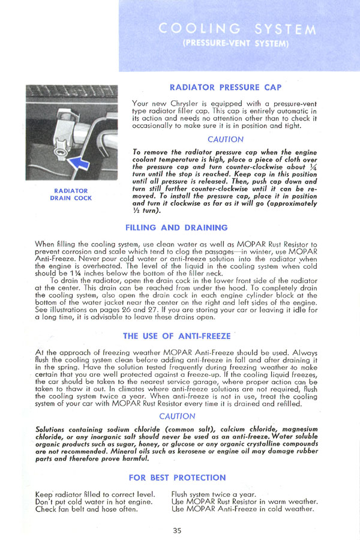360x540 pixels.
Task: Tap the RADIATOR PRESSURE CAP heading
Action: click(x=226, y=88)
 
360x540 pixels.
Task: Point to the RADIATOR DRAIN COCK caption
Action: click(x=70, y=194)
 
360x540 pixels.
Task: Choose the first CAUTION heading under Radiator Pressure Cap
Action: click(x=225, y=139)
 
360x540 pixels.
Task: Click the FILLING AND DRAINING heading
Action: click(x=176, y=228)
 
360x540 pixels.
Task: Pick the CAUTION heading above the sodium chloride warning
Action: click(x=177, y=416)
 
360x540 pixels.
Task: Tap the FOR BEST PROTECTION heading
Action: click(x=177, y=478)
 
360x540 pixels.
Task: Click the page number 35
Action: click(x=176, y=530)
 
